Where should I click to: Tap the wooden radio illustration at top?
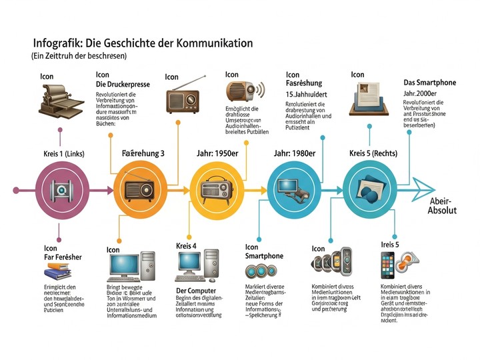pos(182,98)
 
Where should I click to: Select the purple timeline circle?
pos(61,189)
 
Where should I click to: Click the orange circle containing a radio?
pos(139,189)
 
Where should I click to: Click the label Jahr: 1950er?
pos(217,154)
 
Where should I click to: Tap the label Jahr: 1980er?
pos(295,154)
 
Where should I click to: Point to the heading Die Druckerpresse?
pos(123,85)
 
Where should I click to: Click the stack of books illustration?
pos(58,272)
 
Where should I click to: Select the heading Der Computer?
pos(196,291)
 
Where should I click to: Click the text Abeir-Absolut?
pos(442,206)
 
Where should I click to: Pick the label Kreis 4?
pos(187,246)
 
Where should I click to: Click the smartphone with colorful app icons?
pos(389,266)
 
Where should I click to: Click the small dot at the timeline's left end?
pos(15,189)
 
